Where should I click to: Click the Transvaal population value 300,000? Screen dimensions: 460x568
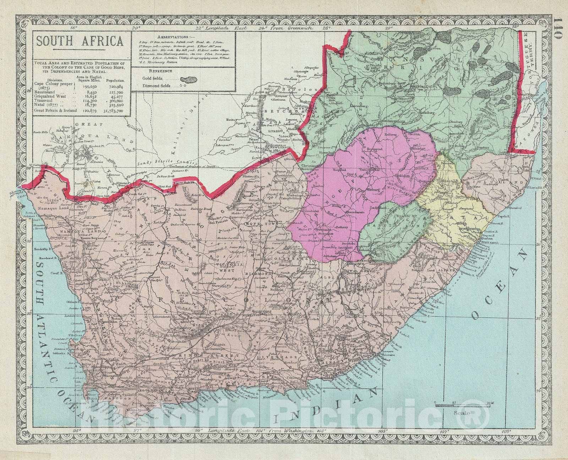click(x=116, y=101)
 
